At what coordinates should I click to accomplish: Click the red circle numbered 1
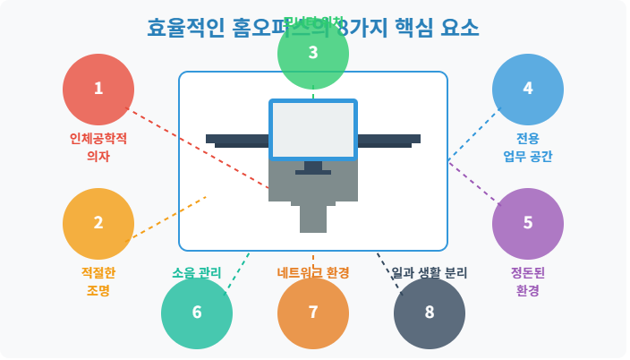coord(98,89)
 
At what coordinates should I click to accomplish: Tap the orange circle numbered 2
coord(98,223)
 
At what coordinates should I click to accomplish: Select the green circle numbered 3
coord(313,53)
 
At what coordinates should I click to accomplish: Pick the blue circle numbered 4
coord(528,89)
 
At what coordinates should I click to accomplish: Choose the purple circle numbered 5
coord(528,223)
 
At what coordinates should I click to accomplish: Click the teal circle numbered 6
coord(197,313)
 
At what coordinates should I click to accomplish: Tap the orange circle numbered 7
coord(313,313)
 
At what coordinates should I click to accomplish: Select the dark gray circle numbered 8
coord(430,313)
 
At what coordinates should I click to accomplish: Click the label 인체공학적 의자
coord(98,147)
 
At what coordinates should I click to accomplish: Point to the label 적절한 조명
coord(98,281)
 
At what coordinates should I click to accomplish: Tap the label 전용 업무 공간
coord(528,147)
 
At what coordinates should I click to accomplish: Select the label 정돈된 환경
coord(528,281)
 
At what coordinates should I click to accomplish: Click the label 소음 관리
coord(197,272)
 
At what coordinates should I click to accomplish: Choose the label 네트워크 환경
coord(313,272)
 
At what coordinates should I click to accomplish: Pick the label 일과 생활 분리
coord(430,272)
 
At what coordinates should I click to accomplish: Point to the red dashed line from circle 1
coord(197,149)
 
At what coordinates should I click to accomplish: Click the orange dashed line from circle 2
coord(170,217)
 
